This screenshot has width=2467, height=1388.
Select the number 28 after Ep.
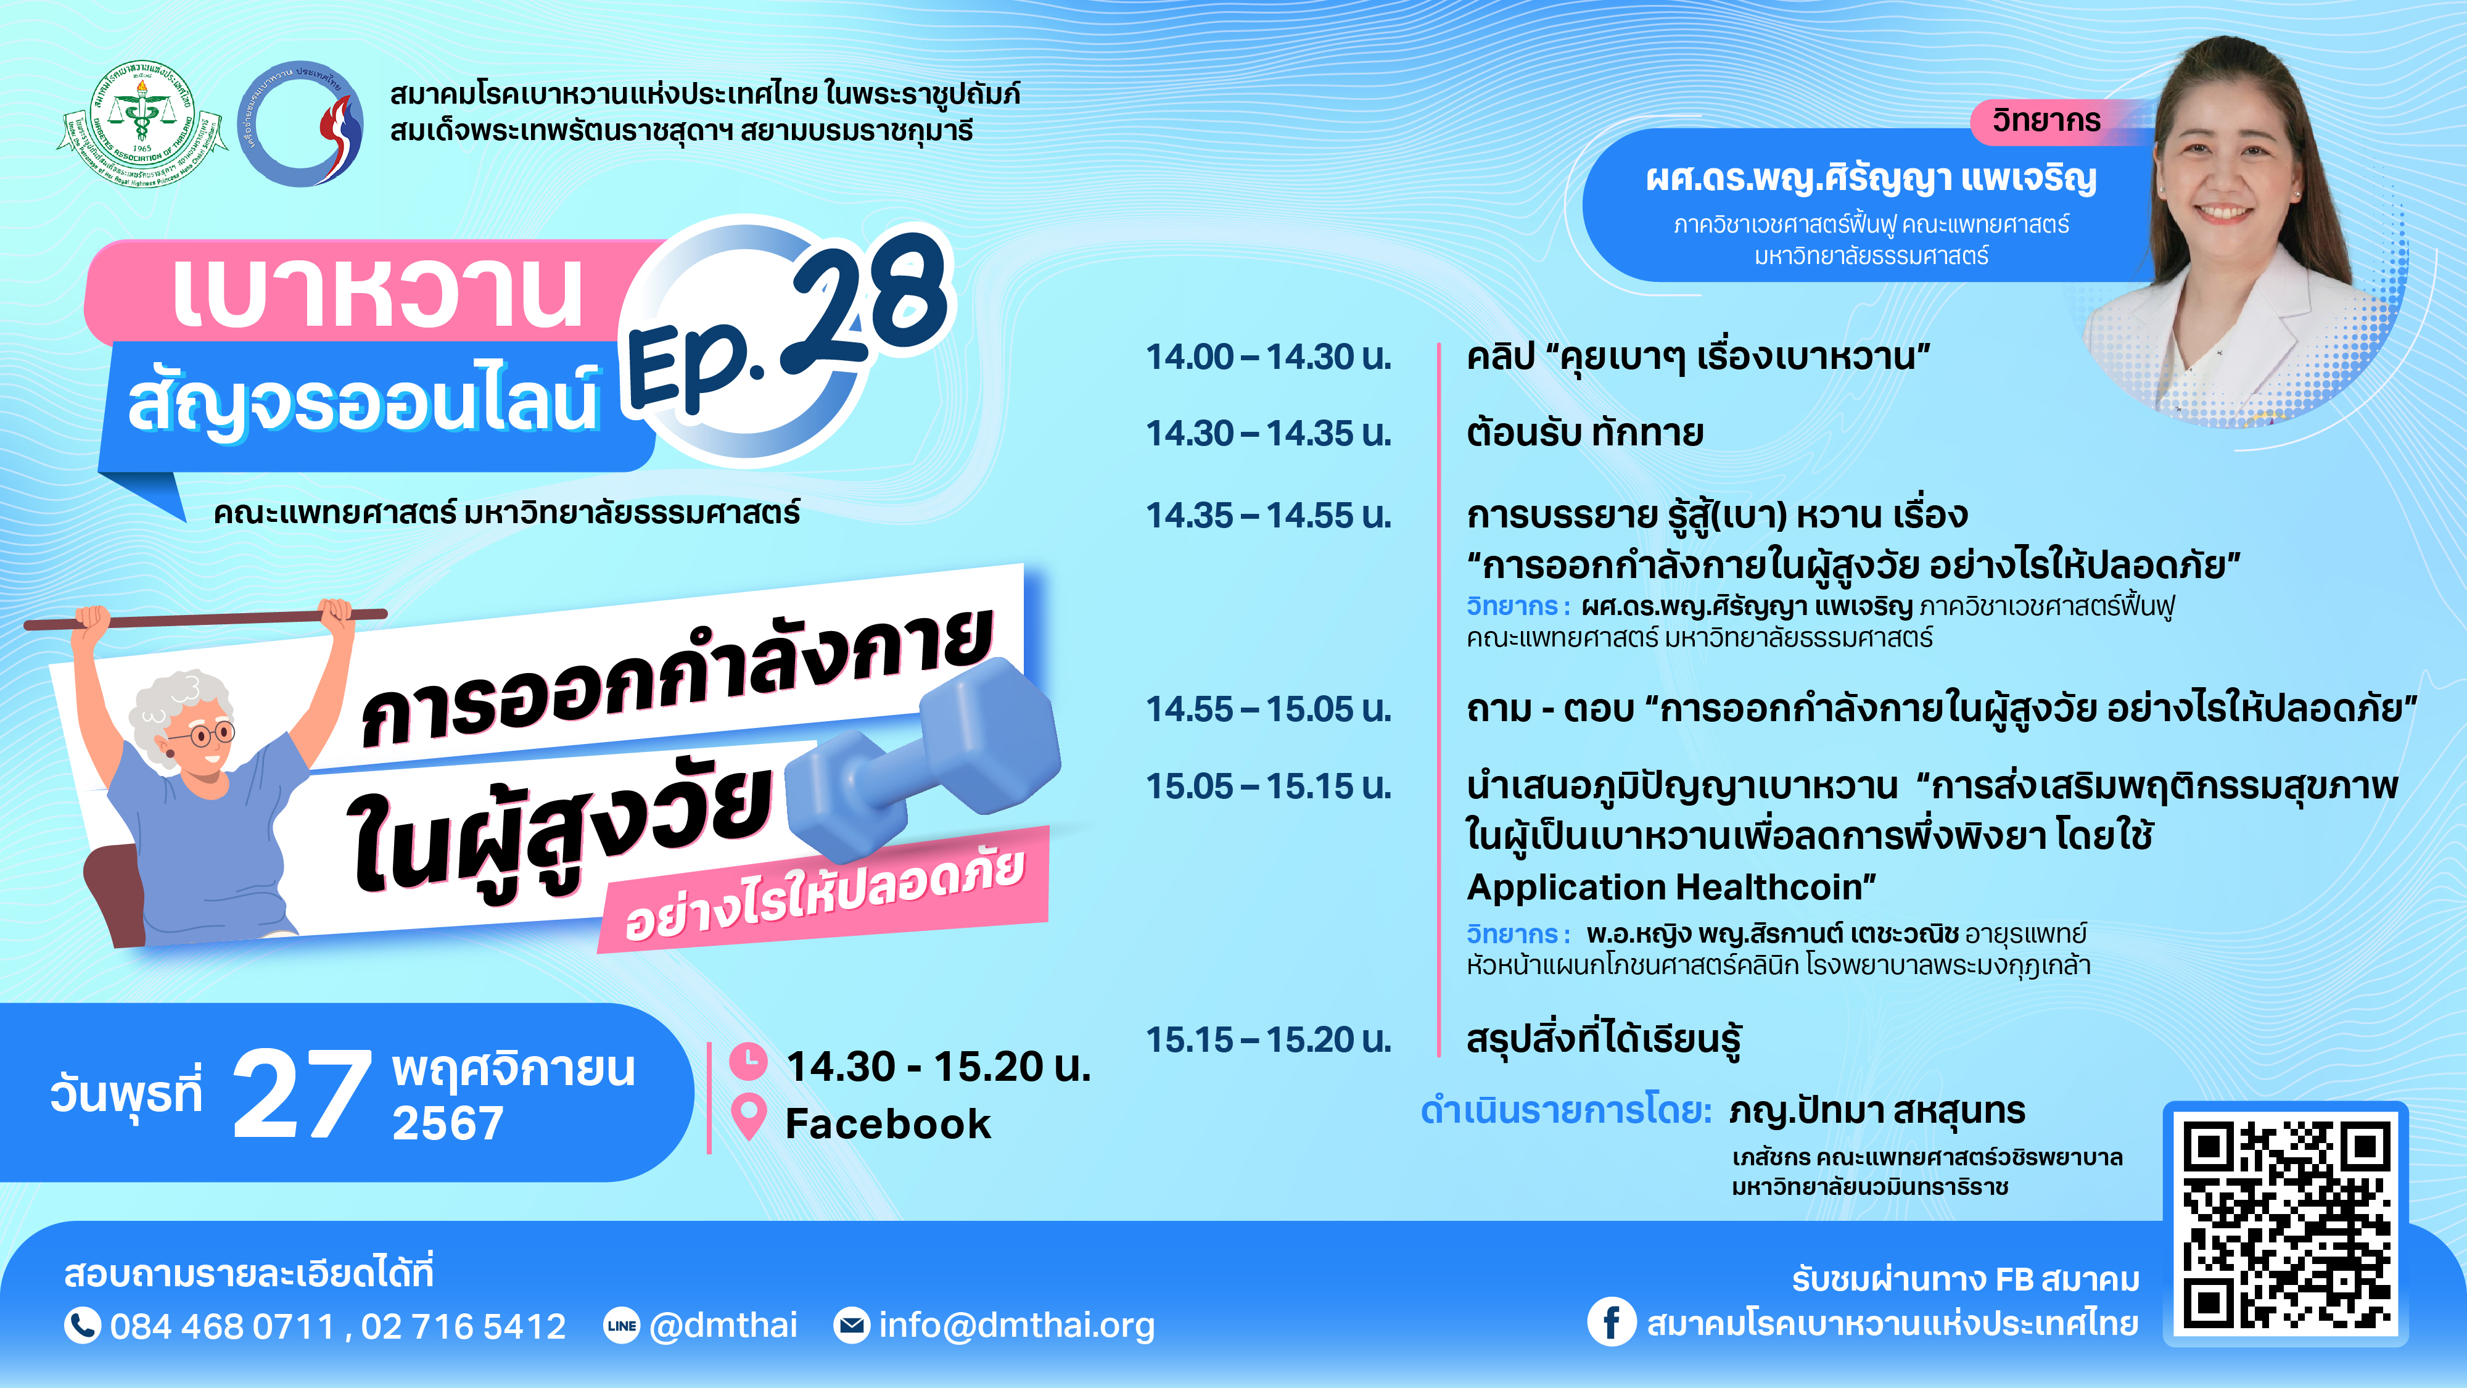tap(867, 302)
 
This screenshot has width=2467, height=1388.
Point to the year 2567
tap(447, 1123)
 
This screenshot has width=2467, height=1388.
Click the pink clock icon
tap(748, 1061)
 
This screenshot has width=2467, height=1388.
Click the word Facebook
tap(888, 1123)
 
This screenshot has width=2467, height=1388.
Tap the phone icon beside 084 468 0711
tap(83, 1326)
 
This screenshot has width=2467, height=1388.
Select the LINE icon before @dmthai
tap(622, 1326)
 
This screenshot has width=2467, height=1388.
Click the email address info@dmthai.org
tap(1016, 1326)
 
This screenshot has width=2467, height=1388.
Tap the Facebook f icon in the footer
tap(1612, 1322)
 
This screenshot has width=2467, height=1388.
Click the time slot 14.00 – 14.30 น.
tap(1269, 357)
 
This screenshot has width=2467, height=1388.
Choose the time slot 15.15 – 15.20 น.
tap(1269, 1039)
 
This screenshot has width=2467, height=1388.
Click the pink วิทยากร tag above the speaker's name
tap(2046, 122)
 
